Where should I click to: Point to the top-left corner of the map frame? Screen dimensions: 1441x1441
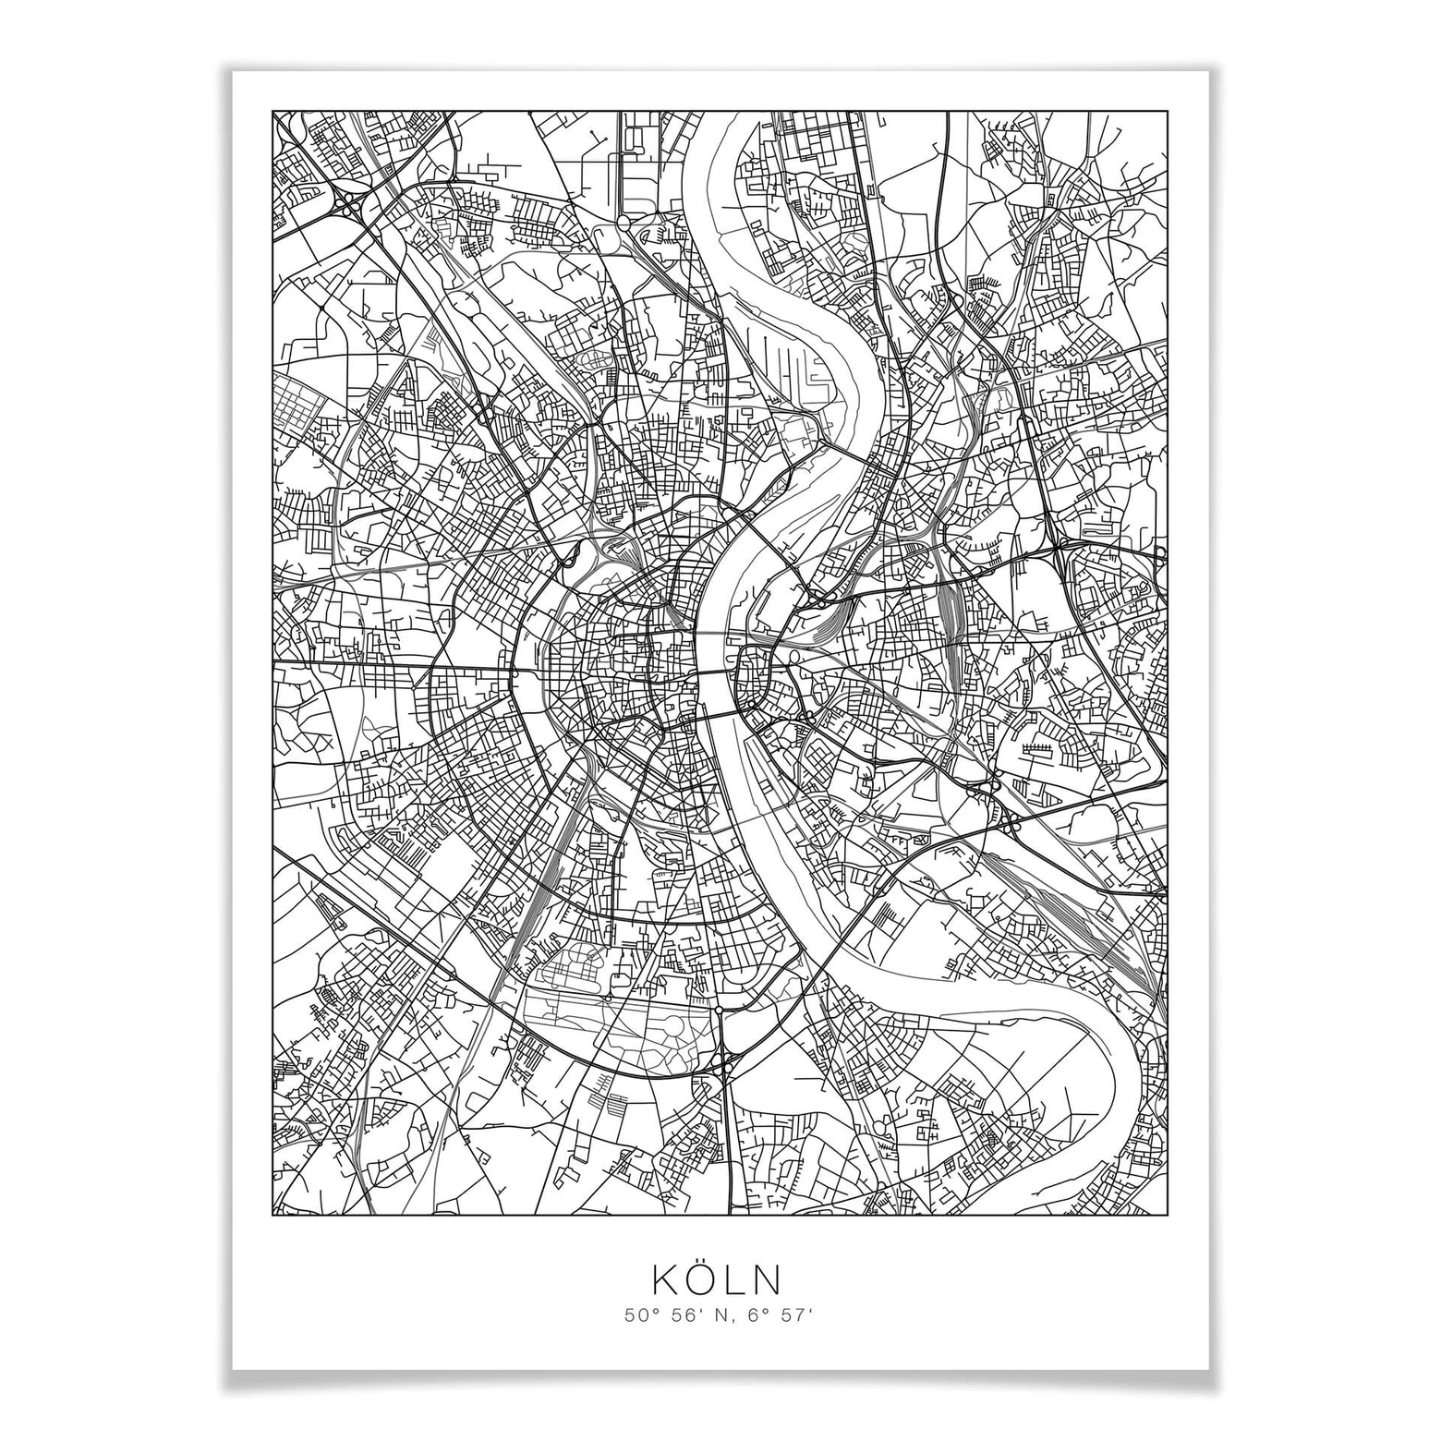pos(273,113)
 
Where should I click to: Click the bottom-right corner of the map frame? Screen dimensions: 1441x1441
pos(1167,1215)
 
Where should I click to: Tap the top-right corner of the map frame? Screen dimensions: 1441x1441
pos(1167,113)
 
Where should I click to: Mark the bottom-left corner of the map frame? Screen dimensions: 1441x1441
pos(273,1215)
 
